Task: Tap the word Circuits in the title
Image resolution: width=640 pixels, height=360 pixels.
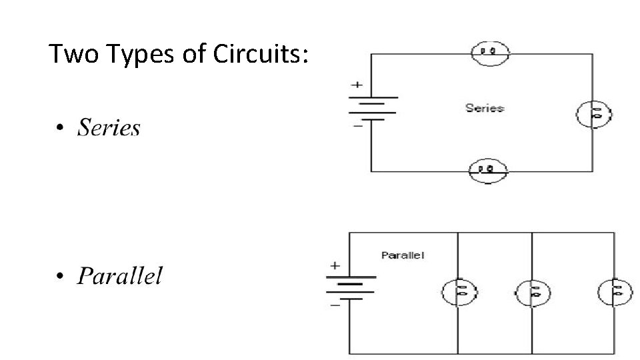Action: click(261, 54)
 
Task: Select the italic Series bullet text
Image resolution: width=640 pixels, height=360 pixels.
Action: click(109, 127)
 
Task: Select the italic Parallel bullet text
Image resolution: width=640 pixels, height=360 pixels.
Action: click(119, 275)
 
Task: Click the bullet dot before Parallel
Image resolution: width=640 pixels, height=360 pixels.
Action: click(60, 276)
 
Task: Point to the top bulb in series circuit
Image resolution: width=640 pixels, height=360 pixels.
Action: click(491, 51)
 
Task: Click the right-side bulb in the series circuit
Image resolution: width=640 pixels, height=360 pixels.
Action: click(594, 114)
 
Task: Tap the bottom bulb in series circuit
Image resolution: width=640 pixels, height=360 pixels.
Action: click(489, 171)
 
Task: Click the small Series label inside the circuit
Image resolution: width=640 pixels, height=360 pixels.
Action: click(485, 108)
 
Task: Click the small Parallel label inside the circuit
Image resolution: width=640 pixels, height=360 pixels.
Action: click(403, 255)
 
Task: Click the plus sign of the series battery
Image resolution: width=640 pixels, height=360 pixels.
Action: click(357, 85)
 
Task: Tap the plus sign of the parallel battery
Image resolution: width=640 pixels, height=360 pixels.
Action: click(335, 265)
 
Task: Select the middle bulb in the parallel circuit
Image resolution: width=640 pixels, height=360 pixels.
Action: click(533, 291)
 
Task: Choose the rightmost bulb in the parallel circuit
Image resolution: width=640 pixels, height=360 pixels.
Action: click(614, 291)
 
